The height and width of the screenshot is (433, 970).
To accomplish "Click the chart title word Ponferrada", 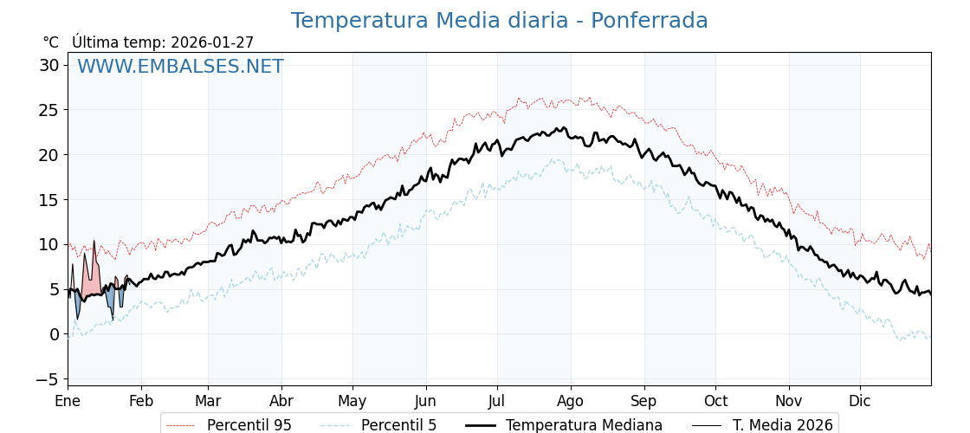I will click(x=649, y=21).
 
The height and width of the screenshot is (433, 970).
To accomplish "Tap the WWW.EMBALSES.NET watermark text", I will click(x=180, y=67).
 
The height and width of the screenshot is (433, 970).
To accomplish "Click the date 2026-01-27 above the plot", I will click(x=212, y=42).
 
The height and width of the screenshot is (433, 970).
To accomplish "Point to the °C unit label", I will click(x=50, y=42).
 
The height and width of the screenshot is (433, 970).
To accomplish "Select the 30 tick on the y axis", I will click(x=48, y=65).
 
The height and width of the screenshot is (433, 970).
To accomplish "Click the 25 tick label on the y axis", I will click(x=48, y=110).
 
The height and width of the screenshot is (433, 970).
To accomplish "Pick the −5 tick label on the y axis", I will click(x=47, y=379).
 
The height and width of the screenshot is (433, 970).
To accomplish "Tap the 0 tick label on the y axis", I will click(x=54, y=334).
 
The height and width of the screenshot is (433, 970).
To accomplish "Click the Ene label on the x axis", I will click(x=68, y=401).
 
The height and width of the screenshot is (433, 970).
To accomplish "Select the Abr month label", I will click(x=281, y=401).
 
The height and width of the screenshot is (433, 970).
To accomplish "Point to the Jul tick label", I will click(x=497, y=401).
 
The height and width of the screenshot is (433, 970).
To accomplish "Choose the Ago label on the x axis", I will click(x=571, y=401).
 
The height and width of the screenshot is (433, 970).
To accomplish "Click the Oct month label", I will click(x=715, y=401).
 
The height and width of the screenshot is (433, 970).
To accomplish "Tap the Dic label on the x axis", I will click(x=860, y=401).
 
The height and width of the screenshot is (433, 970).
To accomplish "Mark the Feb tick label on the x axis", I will click(x=141, y=401).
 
